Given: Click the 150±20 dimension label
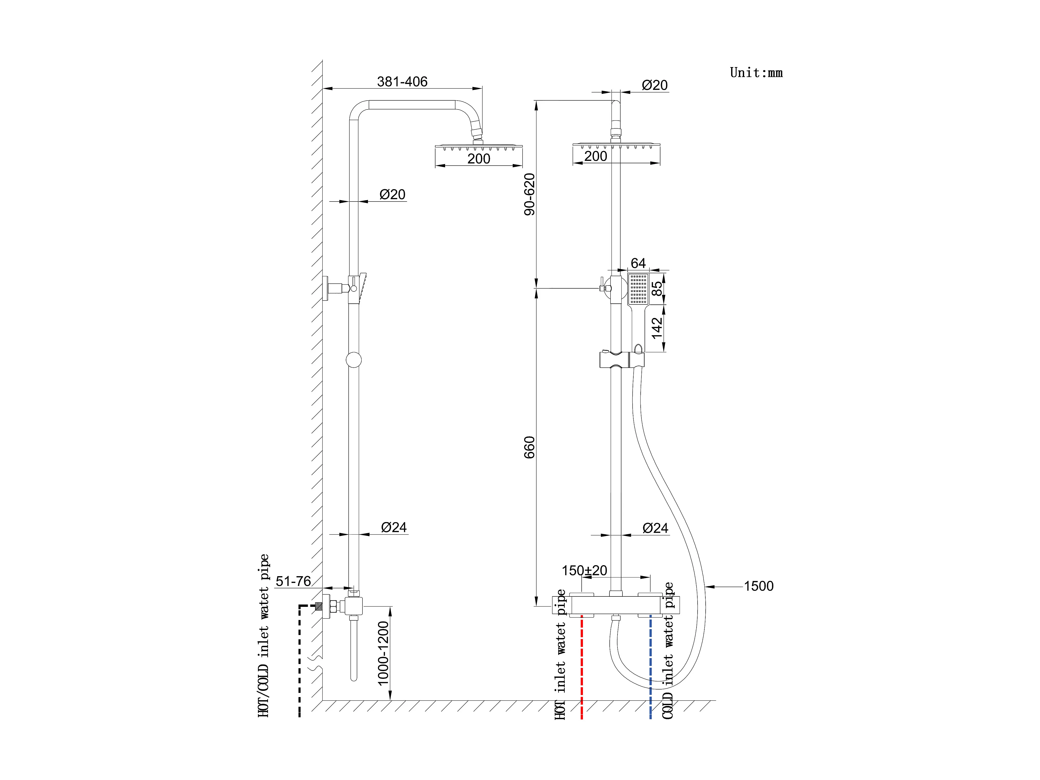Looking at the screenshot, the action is [584, 570].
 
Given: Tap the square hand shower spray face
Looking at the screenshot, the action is [639, 289].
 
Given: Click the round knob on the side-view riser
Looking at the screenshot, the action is [354, 360].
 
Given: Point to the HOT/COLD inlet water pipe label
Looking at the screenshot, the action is [264, 636].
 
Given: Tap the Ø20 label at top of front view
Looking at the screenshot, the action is [654, 85].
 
